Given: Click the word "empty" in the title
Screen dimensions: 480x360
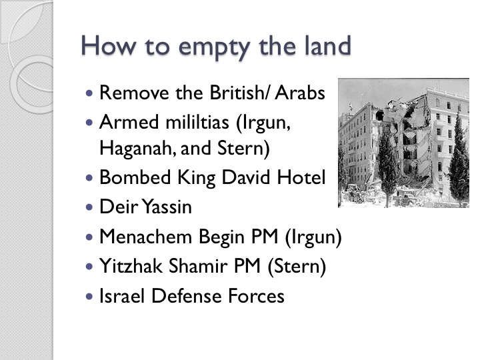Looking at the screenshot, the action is [x=214, y=47].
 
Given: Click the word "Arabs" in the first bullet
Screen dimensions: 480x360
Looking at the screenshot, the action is [x=300, y=93].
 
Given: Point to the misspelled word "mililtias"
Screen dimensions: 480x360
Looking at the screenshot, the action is [x=197, y=122].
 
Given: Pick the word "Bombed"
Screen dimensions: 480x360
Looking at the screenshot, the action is [x=135, y=177].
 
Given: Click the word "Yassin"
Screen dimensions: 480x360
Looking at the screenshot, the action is [x=167, y=207].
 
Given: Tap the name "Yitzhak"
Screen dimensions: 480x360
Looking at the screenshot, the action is [x=131, y=265].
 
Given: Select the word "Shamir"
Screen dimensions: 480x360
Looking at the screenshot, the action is [x=197, y=265].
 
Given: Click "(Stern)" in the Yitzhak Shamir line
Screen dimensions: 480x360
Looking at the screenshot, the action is [x=297, y=266].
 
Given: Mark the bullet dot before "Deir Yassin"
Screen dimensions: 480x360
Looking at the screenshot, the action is [x=89, y=207].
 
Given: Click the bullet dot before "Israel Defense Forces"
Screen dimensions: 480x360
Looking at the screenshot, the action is [x=89, y=296].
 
